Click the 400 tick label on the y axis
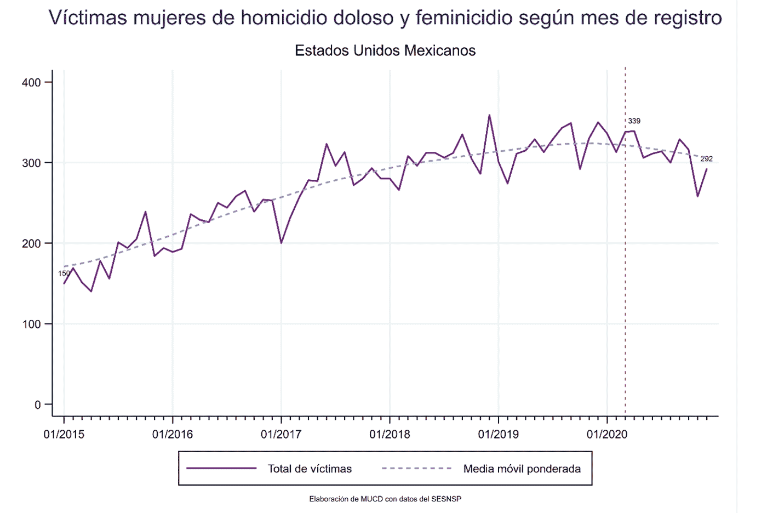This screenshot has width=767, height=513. coord(31,83)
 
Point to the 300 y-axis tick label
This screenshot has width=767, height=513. coord(31,163)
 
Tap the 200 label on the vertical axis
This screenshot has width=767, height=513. coord(31,244)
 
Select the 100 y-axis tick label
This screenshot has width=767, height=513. coord(31,324)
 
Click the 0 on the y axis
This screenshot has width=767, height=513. coord(37,405)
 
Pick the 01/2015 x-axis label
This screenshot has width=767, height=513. coord(64,435)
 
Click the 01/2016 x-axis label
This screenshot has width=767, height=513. coord(173,435)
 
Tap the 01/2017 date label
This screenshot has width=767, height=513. coord(281,435)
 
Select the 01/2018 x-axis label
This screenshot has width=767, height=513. coord(390,435)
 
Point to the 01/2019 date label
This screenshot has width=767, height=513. coord(498,435)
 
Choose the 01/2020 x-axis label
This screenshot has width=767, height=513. coord(607,435)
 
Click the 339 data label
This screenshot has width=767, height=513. coord(634,121)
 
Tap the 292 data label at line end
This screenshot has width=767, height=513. coord(706,159)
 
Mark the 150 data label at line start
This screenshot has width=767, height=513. coord(64,273)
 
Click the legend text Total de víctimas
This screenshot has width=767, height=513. coord(310,469)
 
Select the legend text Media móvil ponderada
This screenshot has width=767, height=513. coord(522,469)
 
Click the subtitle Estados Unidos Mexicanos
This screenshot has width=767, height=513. coord(385,51)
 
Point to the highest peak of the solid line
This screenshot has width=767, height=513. coord(489,115)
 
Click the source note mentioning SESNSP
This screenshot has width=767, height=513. coord(385,499)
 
